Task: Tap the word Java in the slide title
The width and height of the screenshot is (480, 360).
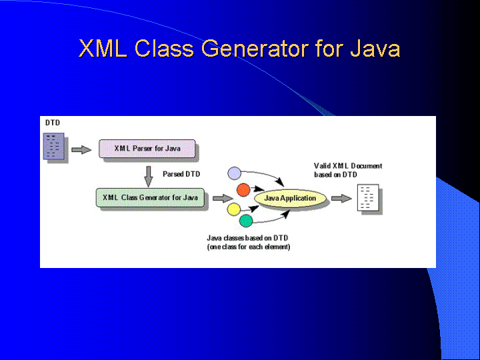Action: tap(375, 49)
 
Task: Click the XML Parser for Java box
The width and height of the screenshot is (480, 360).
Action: tap(147, 149)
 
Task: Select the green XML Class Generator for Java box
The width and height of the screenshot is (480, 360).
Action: tap(150, 197)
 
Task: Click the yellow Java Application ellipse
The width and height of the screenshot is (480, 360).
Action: tap(290, 198)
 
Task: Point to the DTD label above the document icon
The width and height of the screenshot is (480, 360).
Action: tap(53, 123)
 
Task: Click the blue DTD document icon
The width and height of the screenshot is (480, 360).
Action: tap(54, 146)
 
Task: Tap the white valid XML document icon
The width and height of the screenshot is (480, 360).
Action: tap(368, 197)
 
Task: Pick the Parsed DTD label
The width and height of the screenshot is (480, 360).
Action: tap(181, 174)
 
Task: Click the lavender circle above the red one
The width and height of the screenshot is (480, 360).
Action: tap(235, 173)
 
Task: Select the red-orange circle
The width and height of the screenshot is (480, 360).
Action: tap(243, 190)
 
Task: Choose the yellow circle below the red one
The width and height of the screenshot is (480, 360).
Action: tap(234, 209)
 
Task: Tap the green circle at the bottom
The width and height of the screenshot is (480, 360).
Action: tap(246, 221)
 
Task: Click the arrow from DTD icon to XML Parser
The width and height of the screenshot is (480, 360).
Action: tap(81, 149)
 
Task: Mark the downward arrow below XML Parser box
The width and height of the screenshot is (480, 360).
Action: tap(149, 176)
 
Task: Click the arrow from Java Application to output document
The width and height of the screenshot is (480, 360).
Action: tap(341, 199)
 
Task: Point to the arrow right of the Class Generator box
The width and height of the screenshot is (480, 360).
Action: tap(223, 199)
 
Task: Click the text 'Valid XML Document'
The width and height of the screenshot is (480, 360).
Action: tap(348, 166)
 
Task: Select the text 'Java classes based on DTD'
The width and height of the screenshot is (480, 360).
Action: tap(247, 238)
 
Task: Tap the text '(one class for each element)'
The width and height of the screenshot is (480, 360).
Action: tap(249, 247)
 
